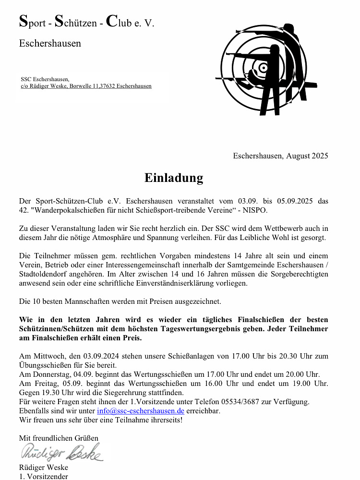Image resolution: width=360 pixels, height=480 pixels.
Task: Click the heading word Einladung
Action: (x=174, y=178)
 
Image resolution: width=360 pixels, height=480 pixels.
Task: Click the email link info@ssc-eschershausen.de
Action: (x=140, y=411)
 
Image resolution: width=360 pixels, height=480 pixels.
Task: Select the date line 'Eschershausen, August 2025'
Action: (x=280, y=156)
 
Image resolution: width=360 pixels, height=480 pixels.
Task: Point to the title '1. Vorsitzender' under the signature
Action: (x=43, y=477)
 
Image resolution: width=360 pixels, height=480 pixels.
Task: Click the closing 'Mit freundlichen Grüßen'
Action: (x=59, y=438)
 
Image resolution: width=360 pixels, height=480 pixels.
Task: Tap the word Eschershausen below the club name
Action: (x=50, y=44)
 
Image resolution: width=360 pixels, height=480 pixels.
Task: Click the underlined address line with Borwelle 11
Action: (x=86, y=86)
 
